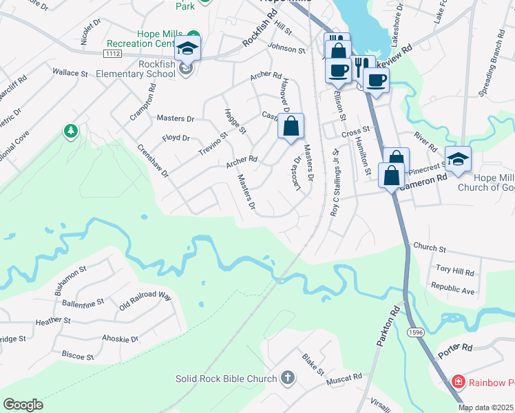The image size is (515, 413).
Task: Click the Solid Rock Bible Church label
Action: [x=226, y=378]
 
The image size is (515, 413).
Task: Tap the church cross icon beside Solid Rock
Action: [x=288, y=378]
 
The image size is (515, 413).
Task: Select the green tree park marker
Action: [x=70, y=130]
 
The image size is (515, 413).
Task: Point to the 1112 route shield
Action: [x=111, y=53]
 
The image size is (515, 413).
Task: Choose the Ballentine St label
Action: [x=82, y=301]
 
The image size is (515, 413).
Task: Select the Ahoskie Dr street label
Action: [x=120, y=339]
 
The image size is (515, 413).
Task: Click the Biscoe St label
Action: [x=77, y=356]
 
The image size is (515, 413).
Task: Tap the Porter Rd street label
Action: [x=455, y=350]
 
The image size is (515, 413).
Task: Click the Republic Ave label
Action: [x=452, y=288]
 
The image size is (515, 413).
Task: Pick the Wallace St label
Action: [x=70, y=72]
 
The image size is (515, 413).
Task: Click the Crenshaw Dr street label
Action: [x=152, y=160]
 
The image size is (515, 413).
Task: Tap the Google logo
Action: [x=23, y=405]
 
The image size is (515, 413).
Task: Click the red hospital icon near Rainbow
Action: [x=457, y=381]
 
